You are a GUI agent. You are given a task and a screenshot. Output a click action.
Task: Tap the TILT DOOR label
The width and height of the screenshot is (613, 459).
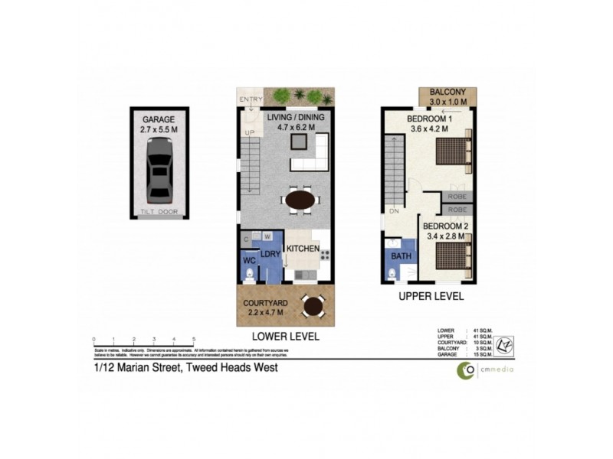click(x=159, y=212)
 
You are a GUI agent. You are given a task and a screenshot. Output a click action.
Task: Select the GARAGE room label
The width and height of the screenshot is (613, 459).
click(x=159, y=120)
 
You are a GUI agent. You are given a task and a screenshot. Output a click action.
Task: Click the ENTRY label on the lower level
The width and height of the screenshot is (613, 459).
click(x=251, y=99)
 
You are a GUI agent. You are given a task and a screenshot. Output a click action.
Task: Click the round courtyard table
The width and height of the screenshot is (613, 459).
click(x=312, y=306)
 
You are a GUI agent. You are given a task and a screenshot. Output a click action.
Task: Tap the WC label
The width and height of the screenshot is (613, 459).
click(x=248, y=262)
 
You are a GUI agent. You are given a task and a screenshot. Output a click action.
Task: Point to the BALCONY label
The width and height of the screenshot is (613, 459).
click(x=448, y=92)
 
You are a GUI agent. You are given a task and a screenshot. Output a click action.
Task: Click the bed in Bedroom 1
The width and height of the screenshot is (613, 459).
click(x=453, y=150)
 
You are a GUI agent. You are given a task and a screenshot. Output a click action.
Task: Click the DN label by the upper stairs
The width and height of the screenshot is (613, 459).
click(x=394, y=212)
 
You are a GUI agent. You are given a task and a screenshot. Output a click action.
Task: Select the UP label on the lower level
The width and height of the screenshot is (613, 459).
click(x=249, y=133)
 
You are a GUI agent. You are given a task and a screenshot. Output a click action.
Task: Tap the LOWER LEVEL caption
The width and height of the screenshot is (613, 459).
click(x=285, y=337)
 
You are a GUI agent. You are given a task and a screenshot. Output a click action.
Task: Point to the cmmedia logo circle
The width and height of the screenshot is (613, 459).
click(x=465, y=370)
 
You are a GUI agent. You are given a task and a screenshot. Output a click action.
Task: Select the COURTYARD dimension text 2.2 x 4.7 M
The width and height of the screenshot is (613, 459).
click(x=264, y=312)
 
